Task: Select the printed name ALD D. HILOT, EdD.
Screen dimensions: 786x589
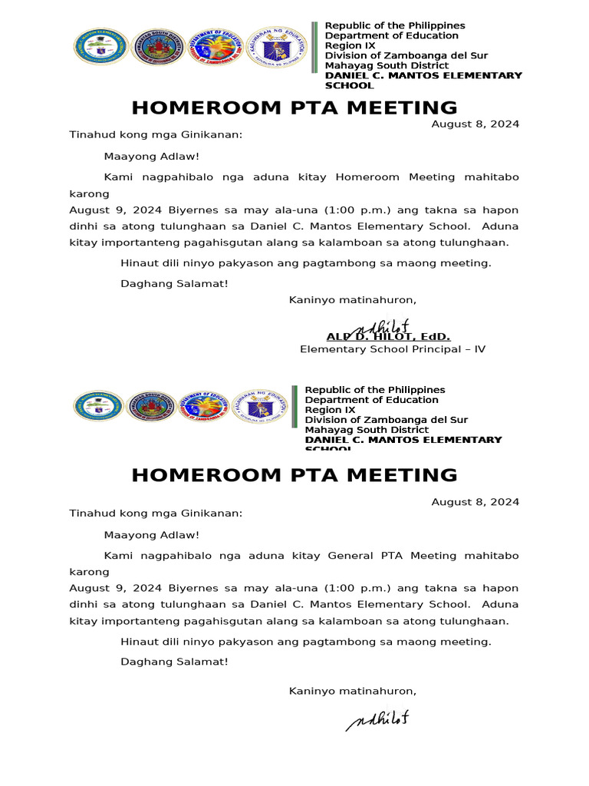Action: [388, 337]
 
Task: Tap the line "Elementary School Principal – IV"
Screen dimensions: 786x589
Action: [392, 349]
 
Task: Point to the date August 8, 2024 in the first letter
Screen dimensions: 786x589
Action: [475, 124]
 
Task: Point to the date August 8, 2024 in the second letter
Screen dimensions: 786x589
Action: [475, 502]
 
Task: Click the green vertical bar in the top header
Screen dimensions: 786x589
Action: [314, 48]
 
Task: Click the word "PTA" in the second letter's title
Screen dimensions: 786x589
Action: [308, 475]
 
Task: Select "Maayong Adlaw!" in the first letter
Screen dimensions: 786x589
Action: [151, 156]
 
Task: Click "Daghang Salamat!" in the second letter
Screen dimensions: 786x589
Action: [174, 662]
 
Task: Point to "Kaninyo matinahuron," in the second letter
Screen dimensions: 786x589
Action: [352, 692]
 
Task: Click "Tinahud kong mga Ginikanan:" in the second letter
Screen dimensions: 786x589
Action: [156, 513]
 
